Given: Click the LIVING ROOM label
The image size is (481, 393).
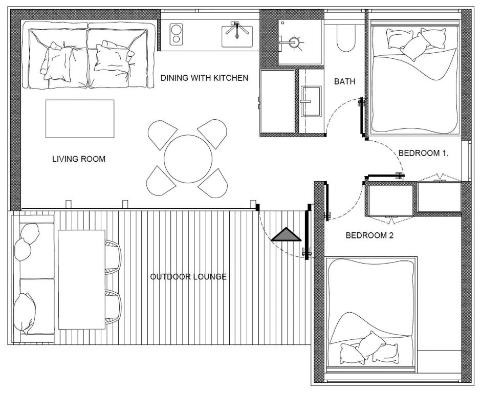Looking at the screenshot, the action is [79, 159].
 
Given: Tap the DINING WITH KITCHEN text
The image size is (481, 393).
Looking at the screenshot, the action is [204, 78].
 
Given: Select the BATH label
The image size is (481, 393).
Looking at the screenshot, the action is [344, 81].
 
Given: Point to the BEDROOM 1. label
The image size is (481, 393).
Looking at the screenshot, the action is [423, 153].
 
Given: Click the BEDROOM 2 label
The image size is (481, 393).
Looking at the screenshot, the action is [369, 235].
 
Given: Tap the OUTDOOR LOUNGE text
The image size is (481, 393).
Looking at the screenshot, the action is [188, 277].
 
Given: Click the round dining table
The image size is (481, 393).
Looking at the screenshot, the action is [188, 159].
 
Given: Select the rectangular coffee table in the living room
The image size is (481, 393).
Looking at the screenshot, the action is [80, 119].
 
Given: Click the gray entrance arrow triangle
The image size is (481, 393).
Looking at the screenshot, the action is [286, 235].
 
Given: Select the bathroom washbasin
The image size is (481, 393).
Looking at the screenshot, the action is [311, 101].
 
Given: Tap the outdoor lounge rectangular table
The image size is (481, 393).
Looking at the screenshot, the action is [81, 279].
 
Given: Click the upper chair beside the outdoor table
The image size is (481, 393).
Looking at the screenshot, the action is [113, 257].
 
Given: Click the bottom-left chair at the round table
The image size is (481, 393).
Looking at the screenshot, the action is [161, 181].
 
